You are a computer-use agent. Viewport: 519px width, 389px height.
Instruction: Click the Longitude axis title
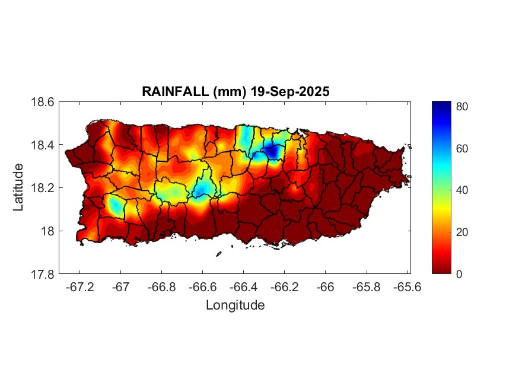click(x=235, y=305)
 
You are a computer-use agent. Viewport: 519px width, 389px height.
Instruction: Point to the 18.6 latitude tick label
click(x=43, y=102)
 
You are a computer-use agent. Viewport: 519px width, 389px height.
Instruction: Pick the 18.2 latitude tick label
click(x=43, y=188)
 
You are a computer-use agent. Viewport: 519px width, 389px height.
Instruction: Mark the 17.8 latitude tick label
click(x=43, y=274)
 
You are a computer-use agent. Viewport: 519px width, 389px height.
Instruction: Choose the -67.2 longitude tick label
click(x=79, y=286)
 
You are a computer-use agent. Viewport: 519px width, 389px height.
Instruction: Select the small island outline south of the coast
click(x=218, y=254)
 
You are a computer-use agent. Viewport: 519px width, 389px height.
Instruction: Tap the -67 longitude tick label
click(x=120, y=286)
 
